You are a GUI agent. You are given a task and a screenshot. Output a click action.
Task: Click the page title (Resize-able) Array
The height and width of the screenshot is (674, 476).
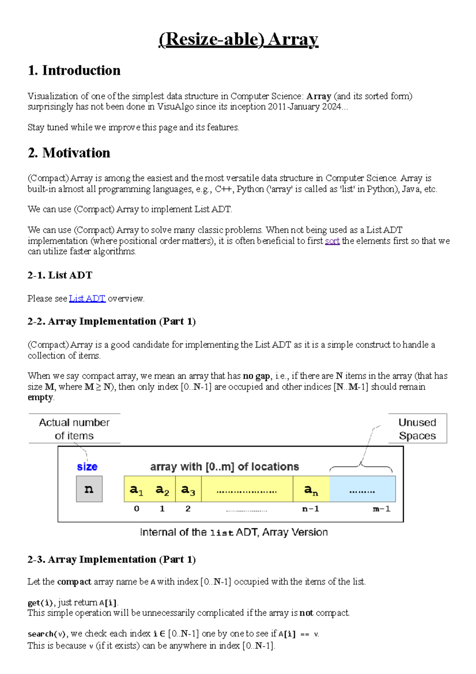[238, 40]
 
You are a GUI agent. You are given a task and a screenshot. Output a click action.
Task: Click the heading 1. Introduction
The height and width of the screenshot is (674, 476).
[74, 71]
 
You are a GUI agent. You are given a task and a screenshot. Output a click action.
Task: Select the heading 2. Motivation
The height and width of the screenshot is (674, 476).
[69, 153]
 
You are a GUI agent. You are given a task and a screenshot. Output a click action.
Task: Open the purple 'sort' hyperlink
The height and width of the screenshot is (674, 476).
[332, 241]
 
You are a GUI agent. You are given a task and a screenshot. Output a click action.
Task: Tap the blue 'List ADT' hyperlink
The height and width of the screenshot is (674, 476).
[87, 298]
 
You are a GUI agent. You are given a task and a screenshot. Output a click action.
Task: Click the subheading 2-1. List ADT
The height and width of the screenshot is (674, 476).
[60, 275]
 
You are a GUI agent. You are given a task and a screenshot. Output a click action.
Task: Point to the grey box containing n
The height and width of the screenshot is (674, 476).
[89, 489]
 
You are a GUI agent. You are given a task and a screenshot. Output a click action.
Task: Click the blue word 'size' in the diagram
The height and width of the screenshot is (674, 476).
[87, 467]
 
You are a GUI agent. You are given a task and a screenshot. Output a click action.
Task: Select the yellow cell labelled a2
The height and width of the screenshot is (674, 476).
[162, 489]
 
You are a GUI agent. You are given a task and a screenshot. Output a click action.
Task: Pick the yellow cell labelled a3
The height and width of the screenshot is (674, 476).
[188, 489]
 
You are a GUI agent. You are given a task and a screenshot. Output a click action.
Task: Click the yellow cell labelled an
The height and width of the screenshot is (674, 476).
[311, 489]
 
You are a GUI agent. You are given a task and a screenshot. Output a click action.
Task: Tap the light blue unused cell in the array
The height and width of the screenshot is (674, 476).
[362, 489]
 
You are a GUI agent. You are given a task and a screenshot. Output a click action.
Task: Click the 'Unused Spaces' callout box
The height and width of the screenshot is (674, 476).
[417, 429]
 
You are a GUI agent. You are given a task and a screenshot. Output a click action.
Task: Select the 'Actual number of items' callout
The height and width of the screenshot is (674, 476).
[74, 429]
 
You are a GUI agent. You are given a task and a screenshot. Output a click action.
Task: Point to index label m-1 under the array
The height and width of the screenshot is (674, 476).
[382, 509]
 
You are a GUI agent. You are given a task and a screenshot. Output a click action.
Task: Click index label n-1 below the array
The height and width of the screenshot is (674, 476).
[311, 509]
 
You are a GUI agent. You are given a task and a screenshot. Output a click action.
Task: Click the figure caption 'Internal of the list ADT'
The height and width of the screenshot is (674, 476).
[234, 532]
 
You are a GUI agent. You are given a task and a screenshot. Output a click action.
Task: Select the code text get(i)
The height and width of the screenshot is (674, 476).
[40, 603]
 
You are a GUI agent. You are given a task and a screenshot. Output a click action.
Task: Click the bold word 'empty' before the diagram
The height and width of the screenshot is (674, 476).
[40, 397]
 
